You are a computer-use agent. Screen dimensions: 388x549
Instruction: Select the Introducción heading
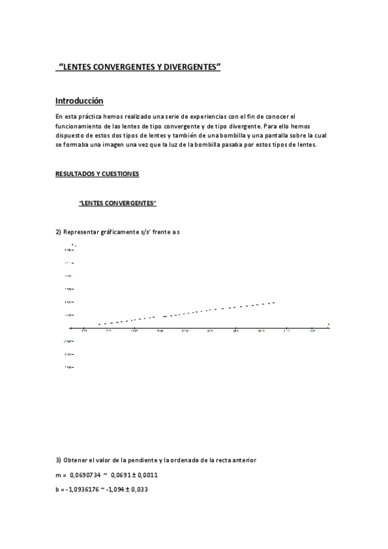click(x=79, y=101)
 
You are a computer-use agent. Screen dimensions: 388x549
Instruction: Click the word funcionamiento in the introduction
click(x=78, y=126)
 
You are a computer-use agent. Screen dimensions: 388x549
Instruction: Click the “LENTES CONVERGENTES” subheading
click(x=118, y=203)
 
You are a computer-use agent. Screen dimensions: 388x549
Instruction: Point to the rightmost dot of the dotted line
click(x=275, y=302)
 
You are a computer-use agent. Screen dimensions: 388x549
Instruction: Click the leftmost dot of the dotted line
click(x=99, y=324)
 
